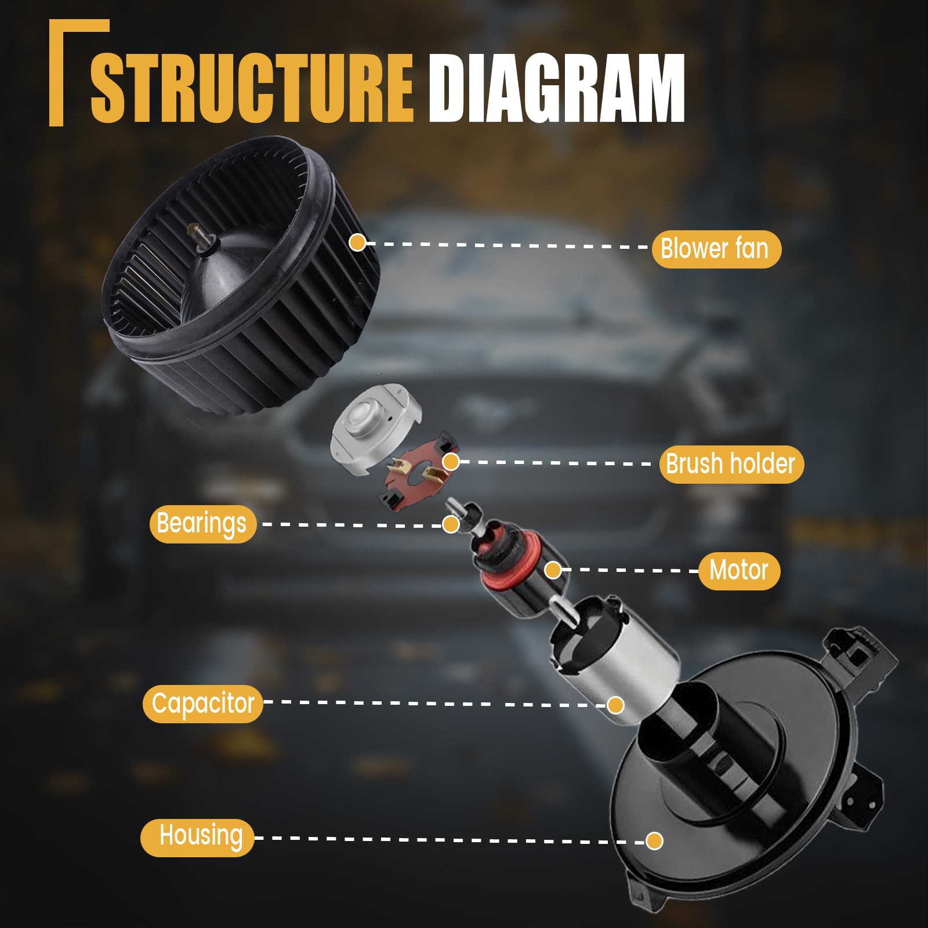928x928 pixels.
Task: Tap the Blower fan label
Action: pos(716,249)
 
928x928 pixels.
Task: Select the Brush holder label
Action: pos(731,464)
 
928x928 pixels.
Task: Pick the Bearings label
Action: pos(202,524)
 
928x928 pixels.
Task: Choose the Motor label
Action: pos(739,571)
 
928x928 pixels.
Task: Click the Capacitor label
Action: pos(203,704)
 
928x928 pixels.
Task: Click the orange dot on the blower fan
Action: pos(357,242)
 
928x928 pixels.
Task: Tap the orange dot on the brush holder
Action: pos(451,462)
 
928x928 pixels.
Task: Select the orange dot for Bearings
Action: pos(451,524)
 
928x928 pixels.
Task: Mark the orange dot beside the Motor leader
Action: pos(553,570)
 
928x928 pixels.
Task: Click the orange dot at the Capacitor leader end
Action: pos(615,705)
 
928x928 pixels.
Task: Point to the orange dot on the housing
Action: pos(655,840)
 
